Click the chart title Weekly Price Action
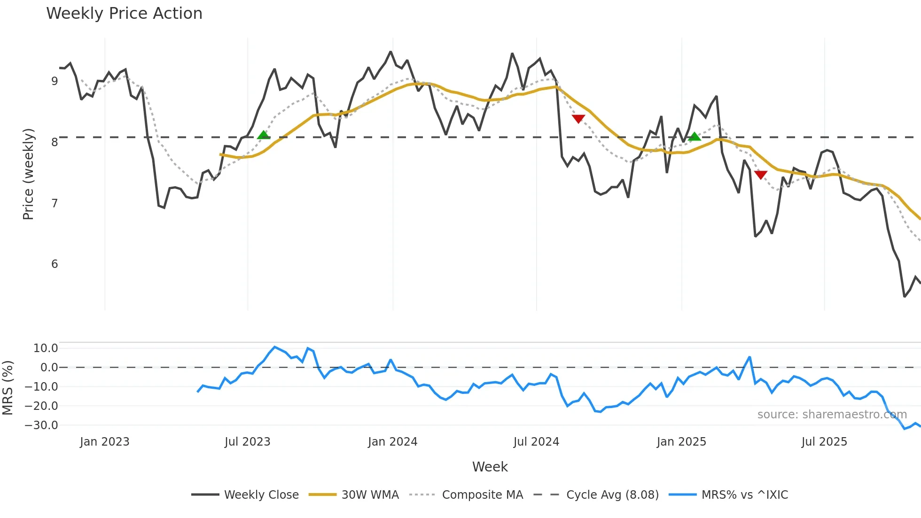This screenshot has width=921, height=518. click(x=124, y=14)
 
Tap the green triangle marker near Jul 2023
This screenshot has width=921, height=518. click(x=264, y=135)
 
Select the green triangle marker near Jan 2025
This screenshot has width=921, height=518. click(x=695, y=137)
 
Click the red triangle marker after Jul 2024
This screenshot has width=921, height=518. click(x=578, y=118)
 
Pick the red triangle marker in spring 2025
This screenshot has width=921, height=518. click(x=761, y=175)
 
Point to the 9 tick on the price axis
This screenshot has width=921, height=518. click(x=55, y=81)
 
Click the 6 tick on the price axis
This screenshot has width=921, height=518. click(x=55, y=264)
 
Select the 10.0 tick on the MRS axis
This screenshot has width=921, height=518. click(x=46, y=348)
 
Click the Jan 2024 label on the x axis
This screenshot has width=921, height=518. click(x=392, y=442)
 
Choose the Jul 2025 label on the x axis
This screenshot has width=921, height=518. click(x=824, y=442)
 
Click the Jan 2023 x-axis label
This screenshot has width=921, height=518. click(x=104, y=442)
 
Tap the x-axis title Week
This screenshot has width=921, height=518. click(x=490, y=467)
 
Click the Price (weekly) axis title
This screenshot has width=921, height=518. click(x=28, y=174)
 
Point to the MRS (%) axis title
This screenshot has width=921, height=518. click(x=8, y=388)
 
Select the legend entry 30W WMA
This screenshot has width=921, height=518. click(x=370, y=495)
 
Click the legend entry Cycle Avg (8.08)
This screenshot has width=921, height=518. click(x=612, y=495)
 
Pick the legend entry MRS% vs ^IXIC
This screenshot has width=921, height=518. click(x=744, y=495)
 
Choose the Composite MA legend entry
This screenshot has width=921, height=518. click(x=482, y=495)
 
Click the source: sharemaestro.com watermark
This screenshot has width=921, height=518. click(x=832, y=415)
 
